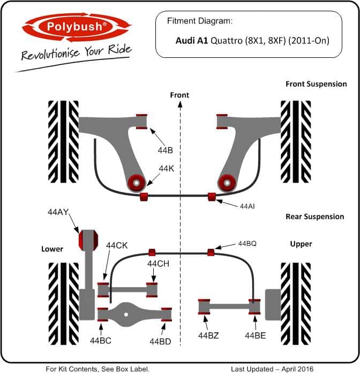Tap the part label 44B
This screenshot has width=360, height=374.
pyautogui.click(x=165, y=150)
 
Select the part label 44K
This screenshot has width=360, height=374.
pyautogui.click(x=167, y=169)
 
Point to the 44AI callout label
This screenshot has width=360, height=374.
pyautogui.click(x=247, y=206)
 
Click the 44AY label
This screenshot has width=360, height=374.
pyautogui.click(x=58, y=212)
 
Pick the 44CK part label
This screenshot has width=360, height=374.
pyautogui.click(x=117, y=245)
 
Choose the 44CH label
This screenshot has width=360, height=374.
pyautogui.click(x=159, y=264)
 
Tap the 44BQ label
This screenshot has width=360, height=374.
pyautogui.click(x=247, y=244)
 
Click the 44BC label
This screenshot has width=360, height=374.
pyautogui.click(x=101, y=341)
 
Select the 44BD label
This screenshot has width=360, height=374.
pyautogui.click(x=160, y=341)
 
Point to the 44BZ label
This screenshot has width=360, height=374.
pyautogui.click(x=208, y=335)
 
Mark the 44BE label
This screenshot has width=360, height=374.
pyautogui.click(x=255, y=335)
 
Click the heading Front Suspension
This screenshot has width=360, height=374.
pyautogui.click(x=316, y=84)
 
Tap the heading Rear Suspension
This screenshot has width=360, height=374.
pyautogui.click(x=314, y=216)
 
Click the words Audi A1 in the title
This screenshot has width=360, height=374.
pyautogui.click(x=192, y=41)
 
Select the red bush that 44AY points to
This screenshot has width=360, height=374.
pyautogui.click(x=88, y=240)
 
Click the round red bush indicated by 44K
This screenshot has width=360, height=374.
pyautogui.click(x=137, y=183)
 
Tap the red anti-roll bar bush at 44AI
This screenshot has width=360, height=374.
pyautogui.click(x=212, y=197)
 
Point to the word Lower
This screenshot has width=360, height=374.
pyautogui.click(x=52, y=249)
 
